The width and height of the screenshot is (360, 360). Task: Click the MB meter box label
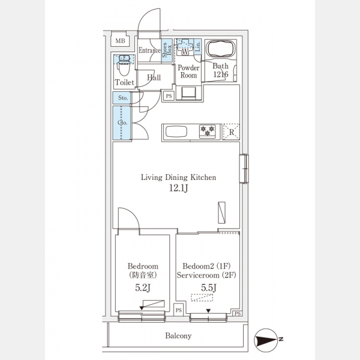121,41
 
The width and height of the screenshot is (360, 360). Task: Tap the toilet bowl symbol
124,67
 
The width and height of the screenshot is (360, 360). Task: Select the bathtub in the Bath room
220,50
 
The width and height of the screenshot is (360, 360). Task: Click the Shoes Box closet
167,50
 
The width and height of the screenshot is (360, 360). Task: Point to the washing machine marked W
185,47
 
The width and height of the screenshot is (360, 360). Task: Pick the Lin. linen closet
198,47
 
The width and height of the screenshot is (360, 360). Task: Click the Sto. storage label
123,98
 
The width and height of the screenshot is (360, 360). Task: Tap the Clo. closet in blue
122,122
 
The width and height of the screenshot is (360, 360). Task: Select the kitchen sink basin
176,132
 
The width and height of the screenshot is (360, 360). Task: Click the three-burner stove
208,131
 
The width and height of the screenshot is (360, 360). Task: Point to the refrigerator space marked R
232,132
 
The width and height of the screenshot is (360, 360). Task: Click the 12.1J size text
179,188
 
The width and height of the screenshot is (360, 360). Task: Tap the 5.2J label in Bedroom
143,287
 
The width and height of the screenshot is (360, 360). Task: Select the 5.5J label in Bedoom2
209,287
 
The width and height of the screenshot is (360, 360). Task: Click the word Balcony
178,336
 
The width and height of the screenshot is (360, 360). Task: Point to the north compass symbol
266,340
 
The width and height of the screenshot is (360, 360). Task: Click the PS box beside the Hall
169,96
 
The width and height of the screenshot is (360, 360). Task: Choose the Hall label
154,77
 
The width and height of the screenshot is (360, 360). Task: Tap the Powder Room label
188,71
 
